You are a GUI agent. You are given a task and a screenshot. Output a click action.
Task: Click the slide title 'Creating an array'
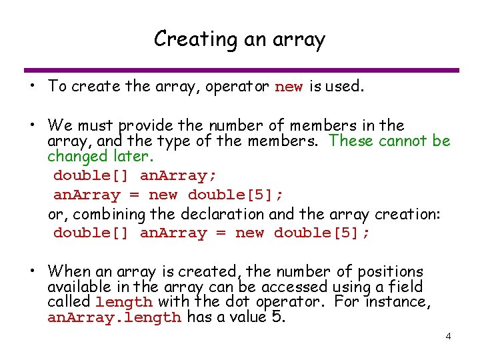click(x=239, y=39)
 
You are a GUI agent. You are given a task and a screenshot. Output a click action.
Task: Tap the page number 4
click(x=449, y=336)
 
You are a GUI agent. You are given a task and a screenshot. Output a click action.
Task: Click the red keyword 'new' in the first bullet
click(x=289, y=87)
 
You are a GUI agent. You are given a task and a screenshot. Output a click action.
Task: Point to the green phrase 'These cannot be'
click(x=390, y=141)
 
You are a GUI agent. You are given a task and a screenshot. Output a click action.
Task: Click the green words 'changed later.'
click(x=100, y=157)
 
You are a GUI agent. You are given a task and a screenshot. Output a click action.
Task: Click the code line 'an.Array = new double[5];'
click(x=168, y=195)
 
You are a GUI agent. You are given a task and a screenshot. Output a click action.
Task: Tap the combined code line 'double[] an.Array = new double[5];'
click(x=211, y=233)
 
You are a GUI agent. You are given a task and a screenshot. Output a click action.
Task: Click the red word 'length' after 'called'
click(x=123, y=302)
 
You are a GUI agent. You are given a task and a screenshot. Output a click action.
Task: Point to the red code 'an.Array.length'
click(x=114, y=318)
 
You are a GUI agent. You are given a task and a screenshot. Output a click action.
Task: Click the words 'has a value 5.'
click(x=236, y=317)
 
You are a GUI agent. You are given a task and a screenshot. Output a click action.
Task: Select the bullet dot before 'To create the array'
click(x=32, y=87)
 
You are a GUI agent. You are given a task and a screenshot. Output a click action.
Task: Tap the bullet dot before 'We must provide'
click(x=32, y=125)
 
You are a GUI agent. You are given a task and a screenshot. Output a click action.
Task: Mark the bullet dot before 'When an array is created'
click(x=32, y=271)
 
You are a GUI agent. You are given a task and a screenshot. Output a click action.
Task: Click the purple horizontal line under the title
click(x=241, y=70)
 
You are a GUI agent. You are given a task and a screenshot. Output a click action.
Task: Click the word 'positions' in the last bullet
click(x=390, y=271)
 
